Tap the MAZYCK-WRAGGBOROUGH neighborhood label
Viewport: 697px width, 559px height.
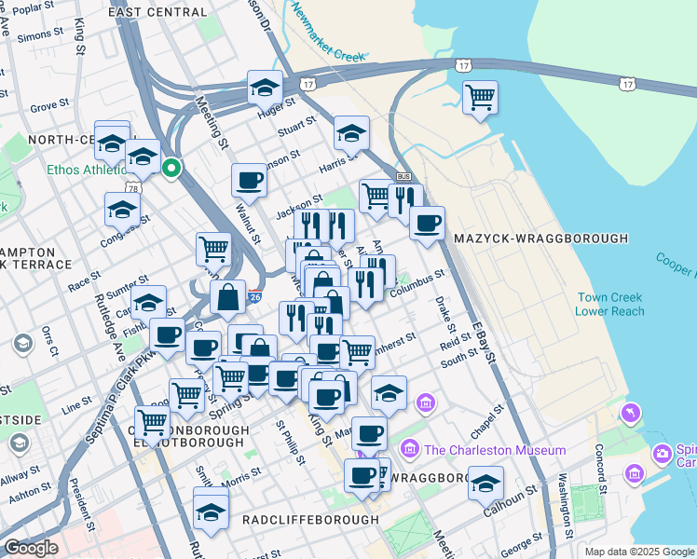click(540, 239)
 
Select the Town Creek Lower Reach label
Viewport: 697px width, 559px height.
click(609, 304)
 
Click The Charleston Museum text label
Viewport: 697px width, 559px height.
click(495, 450)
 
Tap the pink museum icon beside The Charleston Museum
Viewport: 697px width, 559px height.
click(410, 450)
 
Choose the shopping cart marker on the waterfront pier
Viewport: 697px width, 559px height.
click(480, 97)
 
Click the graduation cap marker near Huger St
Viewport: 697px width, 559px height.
click(265, 89)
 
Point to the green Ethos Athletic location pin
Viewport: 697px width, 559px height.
click(171, 169)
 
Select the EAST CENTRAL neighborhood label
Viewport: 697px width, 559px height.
click(157, 13)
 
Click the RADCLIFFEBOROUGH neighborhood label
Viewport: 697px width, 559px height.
click(310, 519)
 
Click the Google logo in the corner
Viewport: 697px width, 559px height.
click(31, 548)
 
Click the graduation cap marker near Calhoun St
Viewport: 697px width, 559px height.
click(485, 483)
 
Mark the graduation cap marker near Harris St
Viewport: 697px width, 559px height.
click(351, 133)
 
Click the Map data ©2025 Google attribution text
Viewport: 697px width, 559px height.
click(639, 552)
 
